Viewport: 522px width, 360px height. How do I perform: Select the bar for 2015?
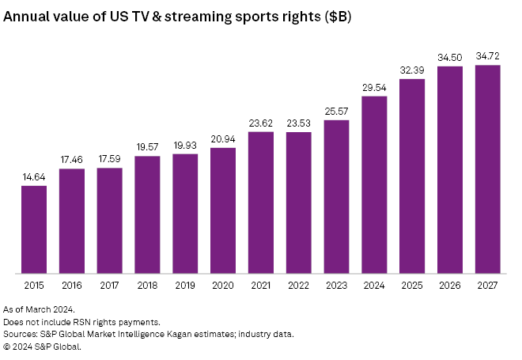click(x=34, y=230)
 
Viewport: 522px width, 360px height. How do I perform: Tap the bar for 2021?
click(x=261, y=203)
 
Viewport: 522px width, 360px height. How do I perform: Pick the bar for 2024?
click(x=374, y=185)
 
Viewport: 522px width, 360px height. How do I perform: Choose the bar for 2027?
click(x=488, y=169)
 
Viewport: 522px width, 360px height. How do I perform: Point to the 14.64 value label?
click(x=34, y=177)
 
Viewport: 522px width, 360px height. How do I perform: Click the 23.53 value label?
click(x=298, y=123)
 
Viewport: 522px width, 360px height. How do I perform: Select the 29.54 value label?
click(x=374, y=88)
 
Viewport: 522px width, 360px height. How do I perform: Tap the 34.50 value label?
click(x=450, y=58)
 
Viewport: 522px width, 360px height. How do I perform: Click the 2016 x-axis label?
click(x=72, y=286)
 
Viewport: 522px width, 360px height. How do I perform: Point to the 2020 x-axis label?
click(x=223, y=286)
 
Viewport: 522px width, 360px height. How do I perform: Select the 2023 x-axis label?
click(x=336, y=286)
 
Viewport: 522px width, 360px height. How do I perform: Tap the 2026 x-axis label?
click(x=450, y=286)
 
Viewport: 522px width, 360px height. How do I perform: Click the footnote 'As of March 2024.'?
click(x=40, y=309)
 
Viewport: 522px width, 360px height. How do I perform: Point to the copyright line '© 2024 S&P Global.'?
click(x=43, y=347)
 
